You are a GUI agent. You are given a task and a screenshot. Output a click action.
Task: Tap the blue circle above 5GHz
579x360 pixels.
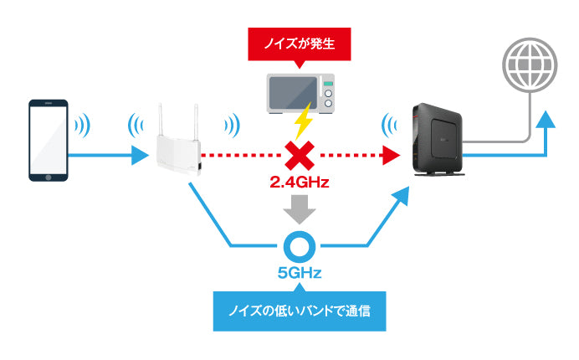point(299,246)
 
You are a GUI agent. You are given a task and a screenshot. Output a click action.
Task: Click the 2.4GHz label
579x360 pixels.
point(298,182)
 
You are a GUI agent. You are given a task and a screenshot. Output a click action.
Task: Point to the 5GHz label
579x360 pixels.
point(299,272)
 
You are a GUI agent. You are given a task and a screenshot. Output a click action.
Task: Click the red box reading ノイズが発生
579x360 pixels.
point(299,44)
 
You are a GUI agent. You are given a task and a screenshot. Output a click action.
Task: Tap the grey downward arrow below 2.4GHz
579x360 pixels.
point(299,207)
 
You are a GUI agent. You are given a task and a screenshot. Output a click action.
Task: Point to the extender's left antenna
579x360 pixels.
point(161,117)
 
